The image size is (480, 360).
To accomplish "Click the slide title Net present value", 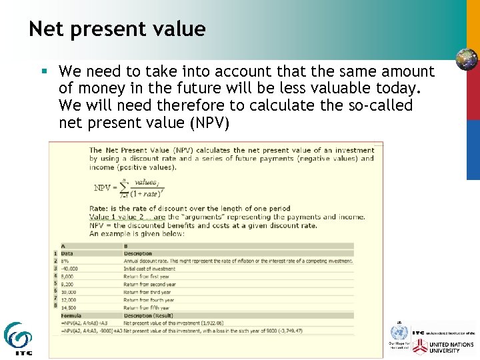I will click(x=117, y=29).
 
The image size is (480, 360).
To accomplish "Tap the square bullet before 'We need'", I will click(x=44, y=71).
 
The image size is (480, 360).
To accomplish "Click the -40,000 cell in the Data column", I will click(x=69, y=269).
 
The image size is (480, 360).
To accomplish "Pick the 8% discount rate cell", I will click(x=65, y=261).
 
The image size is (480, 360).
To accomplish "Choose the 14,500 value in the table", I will click(x=68, y=308).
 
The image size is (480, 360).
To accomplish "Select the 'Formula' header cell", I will click(x=71, y=315).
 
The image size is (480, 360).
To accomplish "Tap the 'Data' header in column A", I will click(x=67, y=253).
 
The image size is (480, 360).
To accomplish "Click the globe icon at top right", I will click(x=467, y=59).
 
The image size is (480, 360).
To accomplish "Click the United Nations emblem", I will click(x=398, y=333).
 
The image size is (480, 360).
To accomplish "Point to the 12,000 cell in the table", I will click(x=69, y=300).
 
